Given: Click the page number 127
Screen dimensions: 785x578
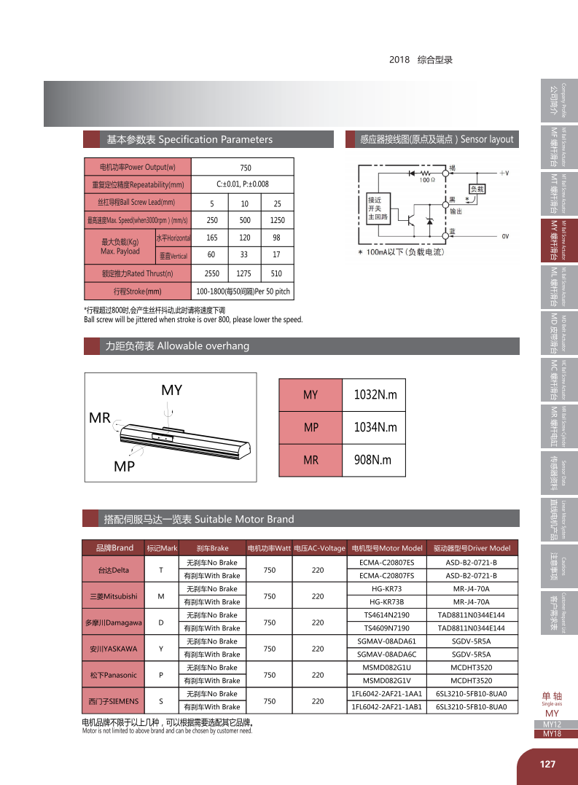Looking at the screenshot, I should click(x=547, y=764).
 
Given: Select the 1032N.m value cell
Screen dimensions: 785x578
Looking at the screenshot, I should click(x=375, y=395).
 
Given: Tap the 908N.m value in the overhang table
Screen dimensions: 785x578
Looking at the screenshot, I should click(x=375, y=460).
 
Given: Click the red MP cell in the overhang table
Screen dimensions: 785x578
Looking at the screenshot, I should click(x=311, y=428).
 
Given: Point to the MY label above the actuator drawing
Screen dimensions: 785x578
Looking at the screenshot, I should click(x=171, y=391).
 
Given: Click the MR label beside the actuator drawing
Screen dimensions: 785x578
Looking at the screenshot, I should click(x=99, y=418).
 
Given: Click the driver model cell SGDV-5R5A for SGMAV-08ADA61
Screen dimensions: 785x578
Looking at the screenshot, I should click(x=471, y=641).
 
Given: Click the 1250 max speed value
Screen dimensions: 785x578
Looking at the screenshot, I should click(x=277, y=220).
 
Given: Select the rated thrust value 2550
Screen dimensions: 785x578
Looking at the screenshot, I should click(x=212, y=274).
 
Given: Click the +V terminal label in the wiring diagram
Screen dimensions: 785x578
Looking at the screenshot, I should click(x=503, y=173).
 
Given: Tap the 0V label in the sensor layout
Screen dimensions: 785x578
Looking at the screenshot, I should click(x=504, y=236).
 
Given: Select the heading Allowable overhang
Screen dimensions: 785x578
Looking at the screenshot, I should click(x=177, y=345).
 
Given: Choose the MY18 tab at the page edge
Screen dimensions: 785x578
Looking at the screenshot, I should click(x=552, y=734).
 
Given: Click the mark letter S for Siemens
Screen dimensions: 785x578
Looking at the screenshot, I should click(x=160, y=700).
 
